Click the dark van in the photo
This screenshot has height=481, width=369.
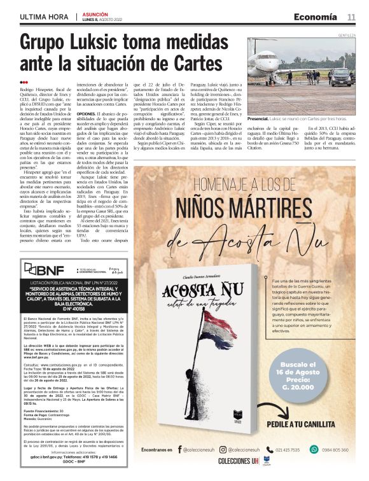click(340, 76)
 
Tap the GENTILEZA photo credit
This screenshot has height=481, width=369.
click(345, 36)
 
